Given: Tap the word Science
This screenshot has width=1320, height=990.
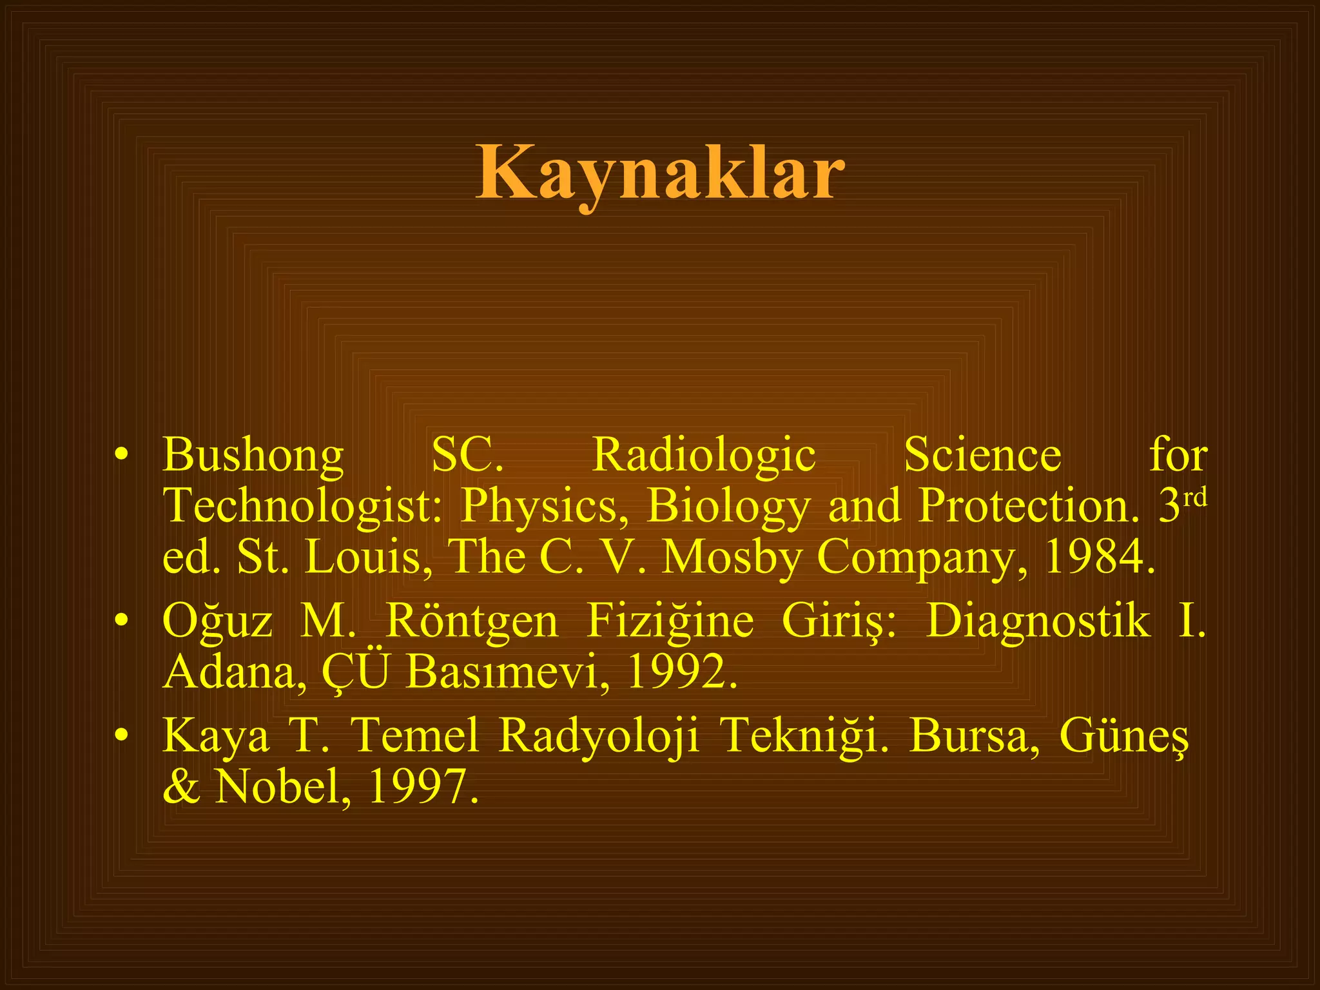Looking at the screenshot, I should (982, 455).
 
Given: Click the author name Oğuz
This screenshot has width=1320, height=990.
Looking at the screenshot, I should (217, 622).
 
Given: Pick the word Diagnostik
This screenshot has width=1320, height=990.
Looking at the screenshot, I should (1038, 622).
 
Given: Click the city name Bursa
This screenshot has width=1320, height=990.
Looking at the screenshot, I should (974, 735).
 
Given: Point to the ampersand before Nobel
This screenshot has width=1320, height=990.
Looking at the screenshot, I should (182, 787).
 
